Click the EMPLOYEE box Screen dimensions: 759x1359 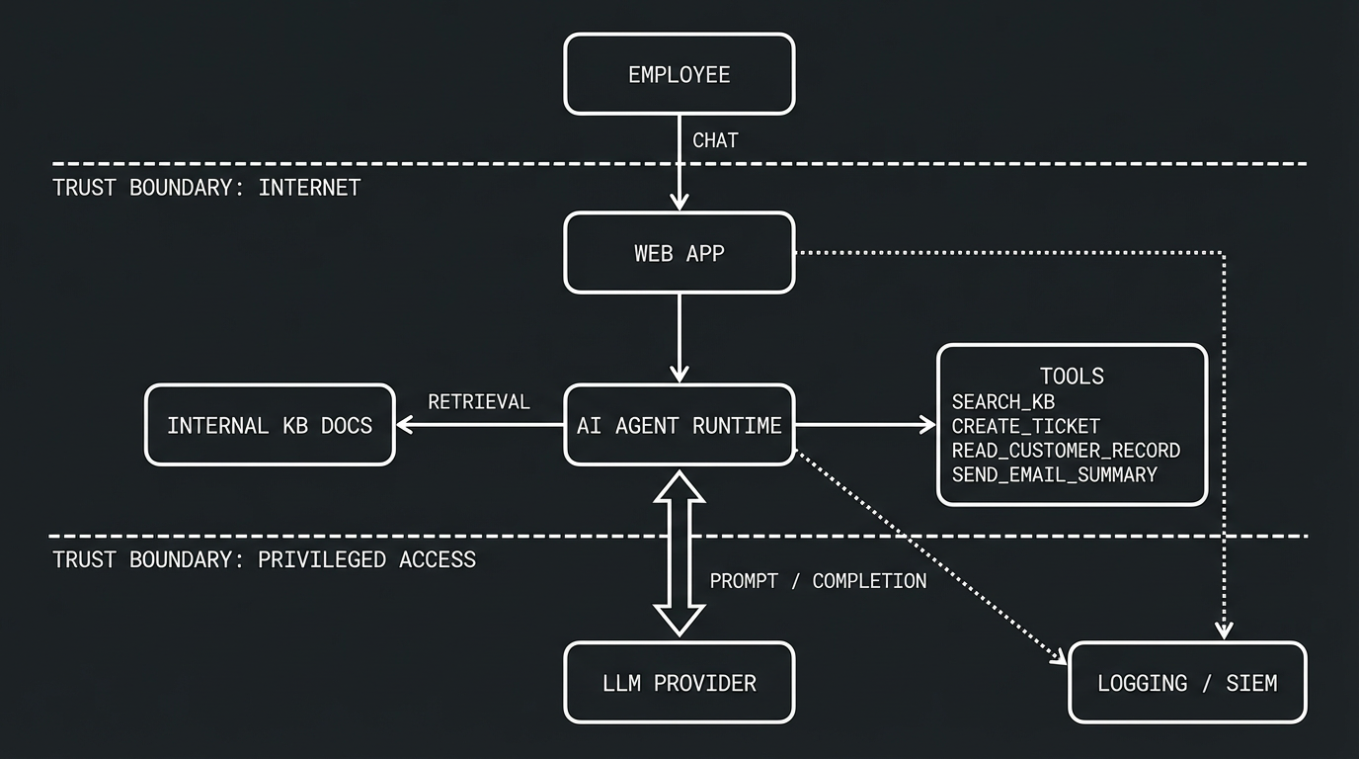click(x=679, y=74)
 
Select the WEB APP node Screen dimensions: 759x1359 click(x=679, y=253)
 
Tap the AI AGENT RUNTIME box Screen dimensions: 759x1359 click(x=679, y=425)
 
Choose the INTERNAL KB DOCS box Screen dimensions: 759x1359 click(x=270, y=425)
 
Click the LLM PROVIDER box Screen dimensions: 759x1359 click(x=679, y=682)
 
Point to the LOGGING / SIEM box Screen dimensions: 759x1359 click(x=1187, y=682)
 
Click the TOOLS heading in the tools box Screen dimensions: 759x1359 click(x=1072, y=376)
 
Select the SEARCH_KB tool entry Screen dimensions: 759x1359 click(x=1002, y=401)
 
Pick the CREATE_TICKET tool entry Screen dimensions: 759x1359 click(x=1025, y=426)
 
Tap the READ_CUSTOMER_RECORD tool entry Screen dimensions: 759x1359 click(x=1066, y=450)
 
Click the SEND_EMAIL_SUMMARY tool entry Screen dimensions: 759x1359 click(x=1054, y=474)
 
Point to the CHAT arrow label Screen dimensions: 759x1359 click(x=715, y=140)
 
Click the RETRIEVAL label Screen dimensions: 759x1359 click(x=479, y=401)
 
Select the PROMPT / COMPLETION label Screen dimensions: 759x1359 click(x=818, y=581)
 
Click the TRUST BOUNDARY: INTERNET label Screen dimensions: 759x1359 click(x=206, y=188)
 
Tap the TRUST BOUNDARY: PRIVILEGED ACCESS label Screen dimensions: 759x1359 click(x=264, y=559)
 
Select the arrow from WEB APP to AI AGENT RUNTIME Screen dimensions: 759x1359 click(x=679, y=336)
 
